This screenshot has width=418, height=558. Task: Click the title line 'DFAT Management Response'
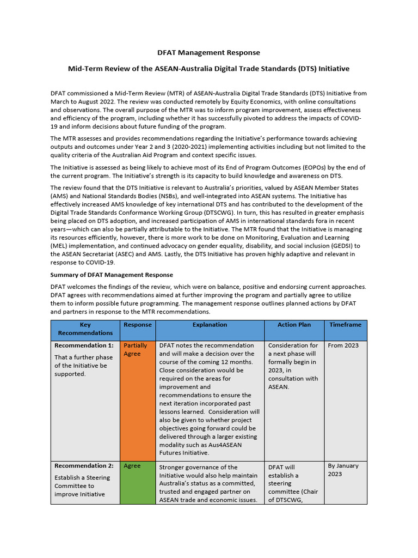pos(208,53)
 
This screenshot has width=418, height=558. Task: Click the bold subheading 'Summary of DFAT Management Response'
pos(112,275)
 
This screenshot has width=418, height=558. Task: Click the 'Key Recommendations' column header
pos(85,329)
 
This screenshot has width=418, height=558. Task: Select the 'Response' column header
pos(137,325)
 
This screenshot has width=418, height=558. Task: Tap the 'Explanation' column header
pos(210,325)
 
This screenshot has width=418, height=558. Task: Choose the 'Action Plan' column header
pos(294,325)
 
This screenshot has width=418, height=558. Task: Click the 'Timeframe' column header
pos(345,325)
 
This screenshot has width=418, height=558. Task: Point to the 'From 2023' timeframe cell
pos(343,345)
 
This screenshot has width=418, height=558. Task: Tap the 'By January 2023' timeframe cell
pos(343,470)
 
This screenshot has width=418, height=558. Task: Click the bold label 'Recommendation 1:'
pos(84,345)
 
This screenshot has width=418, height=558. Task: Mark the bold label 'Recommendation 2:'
pos(84,466)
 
